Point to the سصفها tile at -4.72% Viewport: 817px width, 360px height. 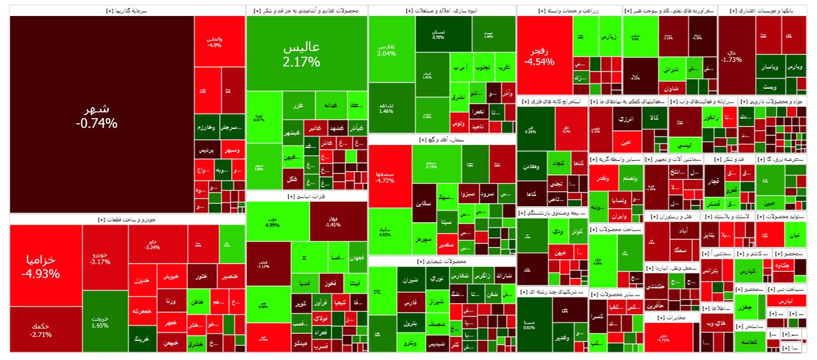tap(389, 176)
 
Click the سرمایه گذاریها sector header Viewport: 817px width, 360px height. tap(127, 11)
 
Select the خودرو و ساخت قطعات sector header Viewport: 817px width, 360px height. tap(127, 219)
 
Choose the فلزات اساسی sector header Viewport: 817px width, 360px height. tap(306, 197)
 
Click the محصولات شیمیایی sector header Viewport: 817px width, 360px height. tap(442, 262)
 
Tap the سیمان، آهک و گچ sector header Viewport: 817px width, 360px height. tap(442, 139)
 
